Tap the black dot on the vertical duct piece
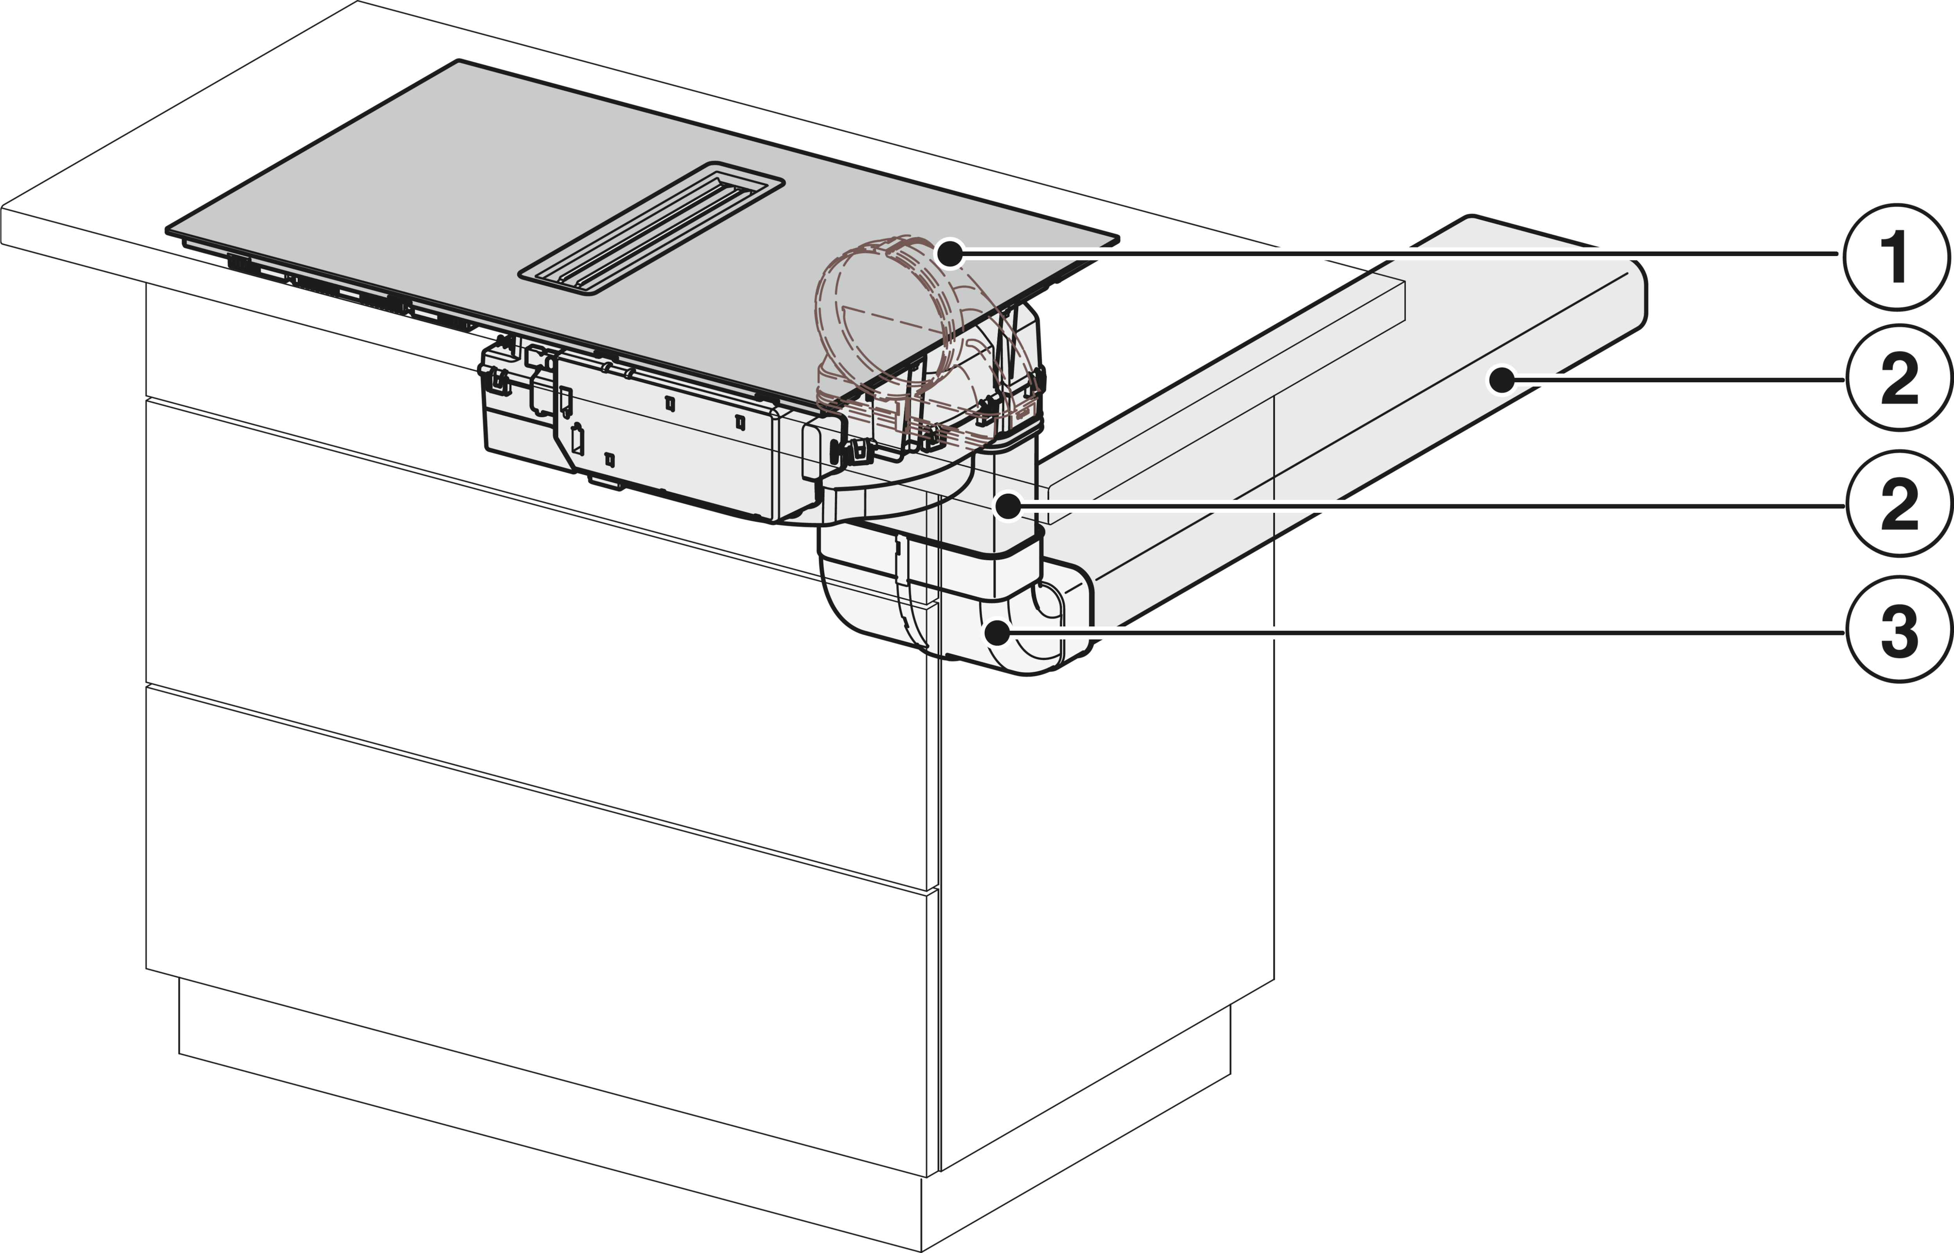[x=1008, y=506]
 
